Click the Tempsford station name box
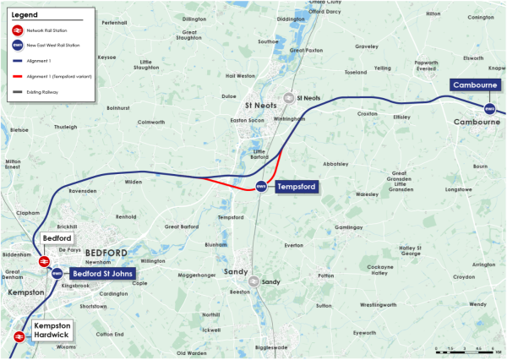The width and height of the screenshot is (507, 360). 296,187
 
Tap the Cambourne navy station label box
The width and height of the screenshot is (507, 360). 472,85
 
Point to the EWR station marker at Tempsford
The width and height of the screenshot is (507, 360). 261,187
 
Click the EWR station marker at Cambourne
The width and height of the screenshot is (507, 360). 489,108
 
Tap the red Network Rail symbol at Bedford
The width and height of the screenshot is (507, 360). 41,262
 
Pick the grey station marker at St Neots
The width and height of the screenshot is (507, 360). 290,97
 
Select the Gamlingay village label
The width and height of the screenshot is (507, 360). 348,227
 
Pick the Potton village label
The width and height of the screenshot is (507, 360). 325,276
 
